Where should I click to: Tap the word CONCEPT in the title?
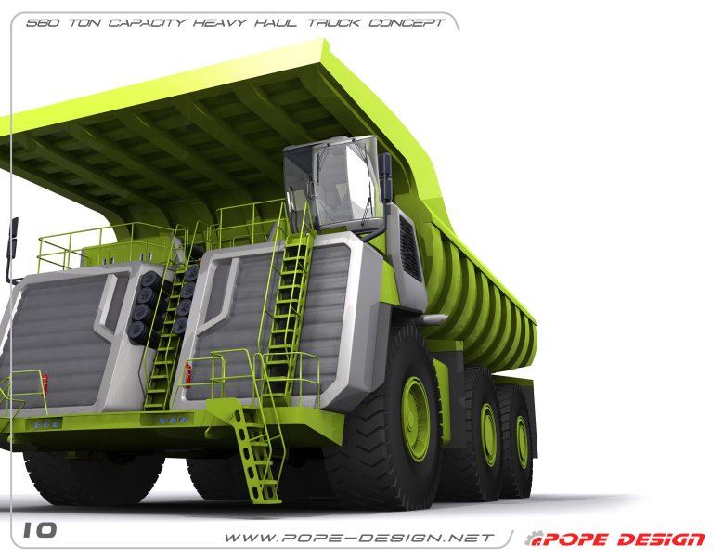407,22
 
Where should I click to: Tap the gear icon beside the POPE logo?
532,539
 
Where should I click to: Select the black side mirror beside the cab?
385,176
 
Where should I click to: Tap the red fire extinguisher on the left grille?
44,383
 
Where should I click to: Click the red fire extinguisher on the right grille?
188,372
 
